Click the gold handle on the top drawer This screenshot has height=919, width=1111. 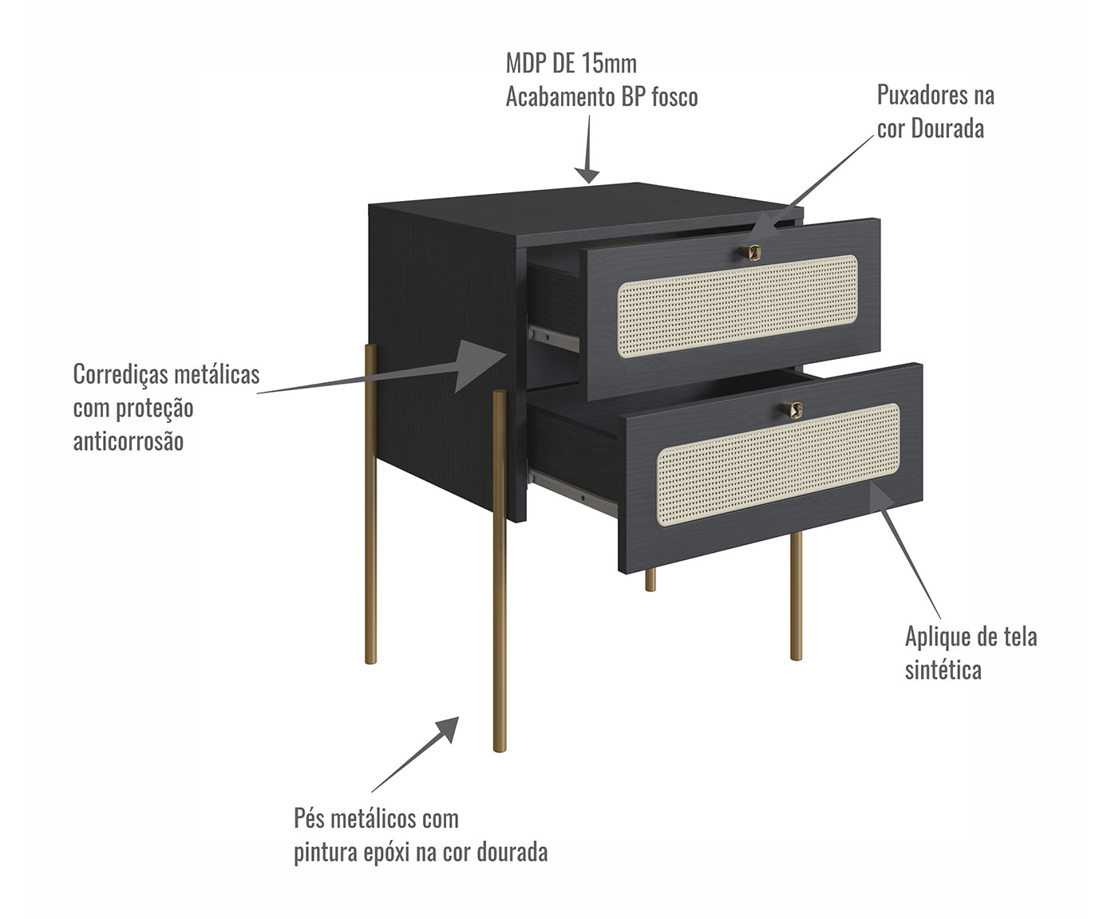751,253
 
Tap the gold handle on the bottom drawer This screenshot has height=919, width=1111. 793,409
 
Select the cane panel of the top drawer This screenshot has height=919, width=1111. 737,306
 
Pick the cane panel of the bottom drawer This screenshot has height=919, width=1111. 778,464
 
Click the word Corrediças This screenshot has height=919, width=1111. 121,375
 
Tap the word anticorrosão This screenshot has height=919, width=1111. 128,441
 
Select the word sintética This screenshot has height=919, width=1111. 943,669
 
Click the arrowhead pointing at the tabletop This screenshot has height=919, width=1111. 587,175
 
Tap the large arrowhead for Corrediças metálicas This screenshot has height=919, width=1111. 478,365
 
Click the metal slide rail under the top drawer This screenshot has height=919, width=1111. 553,338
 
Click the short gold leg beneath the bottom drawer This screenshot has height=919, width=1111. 650,580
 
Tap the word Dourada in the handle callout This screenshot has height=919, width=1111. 947,129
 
